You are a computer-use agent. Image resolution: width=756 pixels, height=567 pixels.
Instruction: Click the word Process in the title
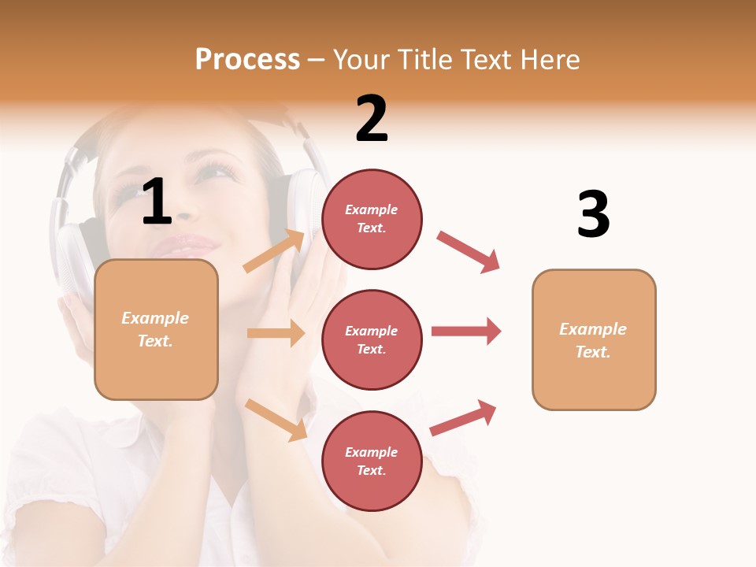click(247, 60)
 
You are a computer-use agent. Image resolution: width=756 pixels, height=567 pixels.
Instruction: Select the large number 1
click(157, 202)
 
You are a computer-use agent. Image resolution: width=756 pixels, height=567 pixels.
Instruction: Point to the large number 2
click(372, 119)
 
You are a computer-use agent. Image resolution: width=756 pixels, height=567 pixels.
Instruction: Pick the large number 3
click(593, 215)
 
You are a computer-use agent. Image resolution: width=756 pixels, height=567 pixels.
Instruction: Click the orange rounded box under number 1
click(156, 329)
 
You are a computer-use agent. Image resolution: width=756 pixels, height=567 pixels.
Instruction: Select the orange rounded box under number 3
click(594, 339)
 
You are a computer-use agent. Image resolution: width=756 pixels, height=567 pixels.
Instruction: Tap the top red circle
click(372, 219)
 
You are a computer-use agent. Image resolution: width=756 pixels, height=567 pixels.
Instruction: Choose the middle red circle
click(372, 339)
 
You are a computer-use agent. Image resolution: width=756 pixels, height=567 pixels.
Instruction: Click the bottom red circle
click(372, 461)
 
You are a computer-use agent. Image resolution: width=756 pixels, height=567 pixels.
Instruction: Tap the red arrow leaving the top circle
click(469, 252)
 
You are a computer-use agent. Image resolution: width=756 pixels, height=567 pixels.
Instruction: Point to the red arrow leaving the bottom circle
click(463, 417)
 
